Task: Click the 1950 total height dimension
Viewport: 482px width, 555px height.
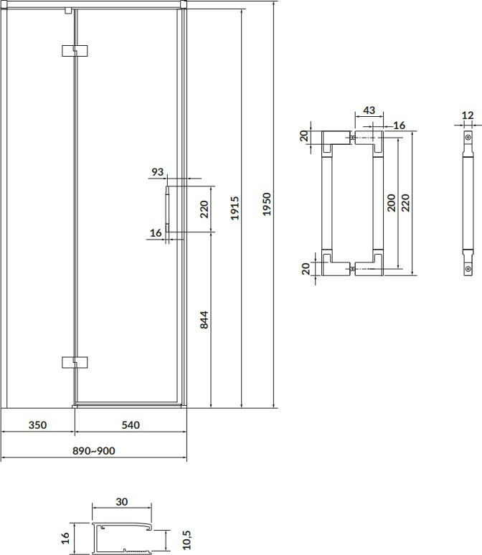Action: click(x=267, y=204)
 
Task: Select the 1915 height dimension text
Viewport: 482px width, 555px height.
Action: click(x=235, y=208)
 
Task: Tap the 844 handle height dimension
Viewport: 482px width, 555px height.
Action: click(x=204, y=320)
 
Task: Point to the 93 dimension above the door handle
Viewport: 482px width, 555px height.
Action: click(x=158, y=171)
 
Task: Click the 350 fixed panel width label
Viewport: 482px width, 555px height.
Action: click(x=37, y=424)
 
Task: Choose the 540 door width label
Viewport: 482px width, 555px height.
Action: click(x=131, y=424)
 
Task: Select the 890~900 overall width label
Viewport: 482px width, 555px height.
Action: click(x=94, y=450)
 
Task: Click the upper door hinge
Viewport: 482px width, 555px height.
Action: click(x=75, y=51)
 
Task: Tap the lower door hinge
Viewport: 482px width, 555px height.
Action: click(x=75, y=362)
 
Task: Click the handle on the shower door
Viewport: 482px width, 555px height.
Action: click(x=167, y=209)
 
